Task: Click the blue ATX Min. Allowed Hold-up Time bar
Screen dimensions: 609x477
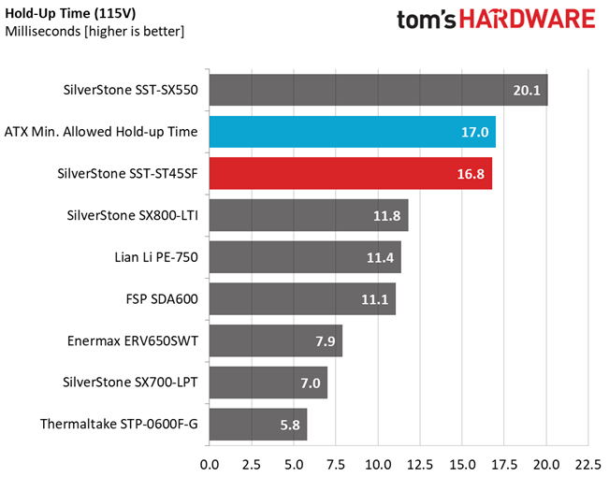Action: click(353, 132)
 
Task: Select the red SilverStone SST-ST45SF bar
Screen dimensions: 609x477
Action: click(351, 173)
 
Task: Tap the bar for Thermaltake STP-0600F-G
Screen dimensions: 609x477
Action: click(258, 425)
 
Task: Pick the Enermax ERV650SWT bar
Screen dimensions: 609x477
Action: click(276, 340)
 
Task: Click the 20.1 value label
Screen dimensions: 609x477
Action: click(527, 90)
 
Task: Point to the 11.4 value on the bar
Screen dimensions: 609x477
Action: click(380, 257)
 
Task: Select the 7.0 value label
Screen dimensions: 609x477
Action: click(311, 383)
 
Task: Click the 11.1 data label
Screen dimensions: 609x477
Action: click(375, 299)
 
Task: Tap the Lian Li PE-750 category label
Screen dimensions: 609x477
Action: click(156, 257)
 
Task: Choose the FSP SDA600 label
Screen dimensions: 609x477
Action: click(162, 299)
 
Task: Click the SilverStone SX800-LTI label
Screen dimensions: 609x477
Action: click(133, 215)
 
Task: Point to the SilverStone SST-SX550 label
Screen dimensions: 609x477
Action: click(131, 90)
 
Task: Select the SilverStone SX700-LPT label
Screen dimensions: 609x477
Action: click(130, 383)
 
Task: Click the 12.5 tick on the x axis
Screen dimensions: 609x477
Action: click(420, 465)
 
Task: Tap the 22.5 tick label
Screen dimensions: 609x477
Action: click(588, 465)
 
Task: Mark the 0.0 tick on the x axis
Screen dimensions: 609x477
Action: click(210, 465)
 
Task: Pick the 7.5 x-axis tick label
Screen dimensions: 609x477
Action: click(336, 465)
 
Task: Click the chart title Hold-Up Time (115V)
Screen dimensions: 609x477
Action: click(70, 13)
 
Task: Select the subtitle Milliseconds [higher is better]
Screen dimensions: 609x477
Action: click(94, 31)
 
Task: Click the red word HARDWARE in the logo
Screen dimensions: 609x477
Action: click(528, 19)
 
